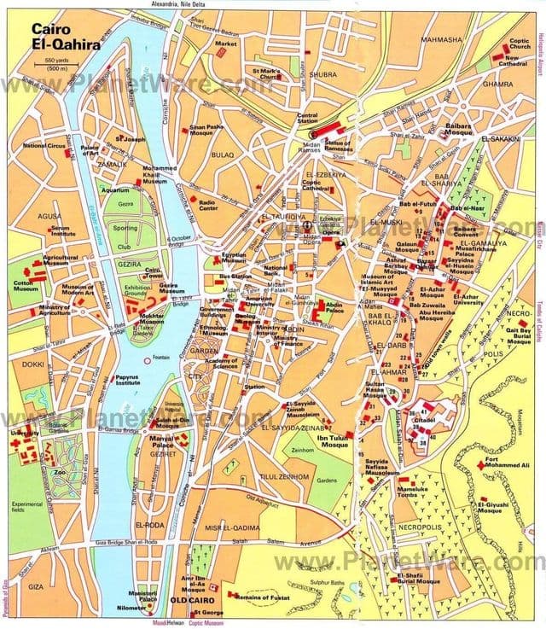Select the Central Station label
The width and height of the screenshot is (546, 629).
pos(307,119)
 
